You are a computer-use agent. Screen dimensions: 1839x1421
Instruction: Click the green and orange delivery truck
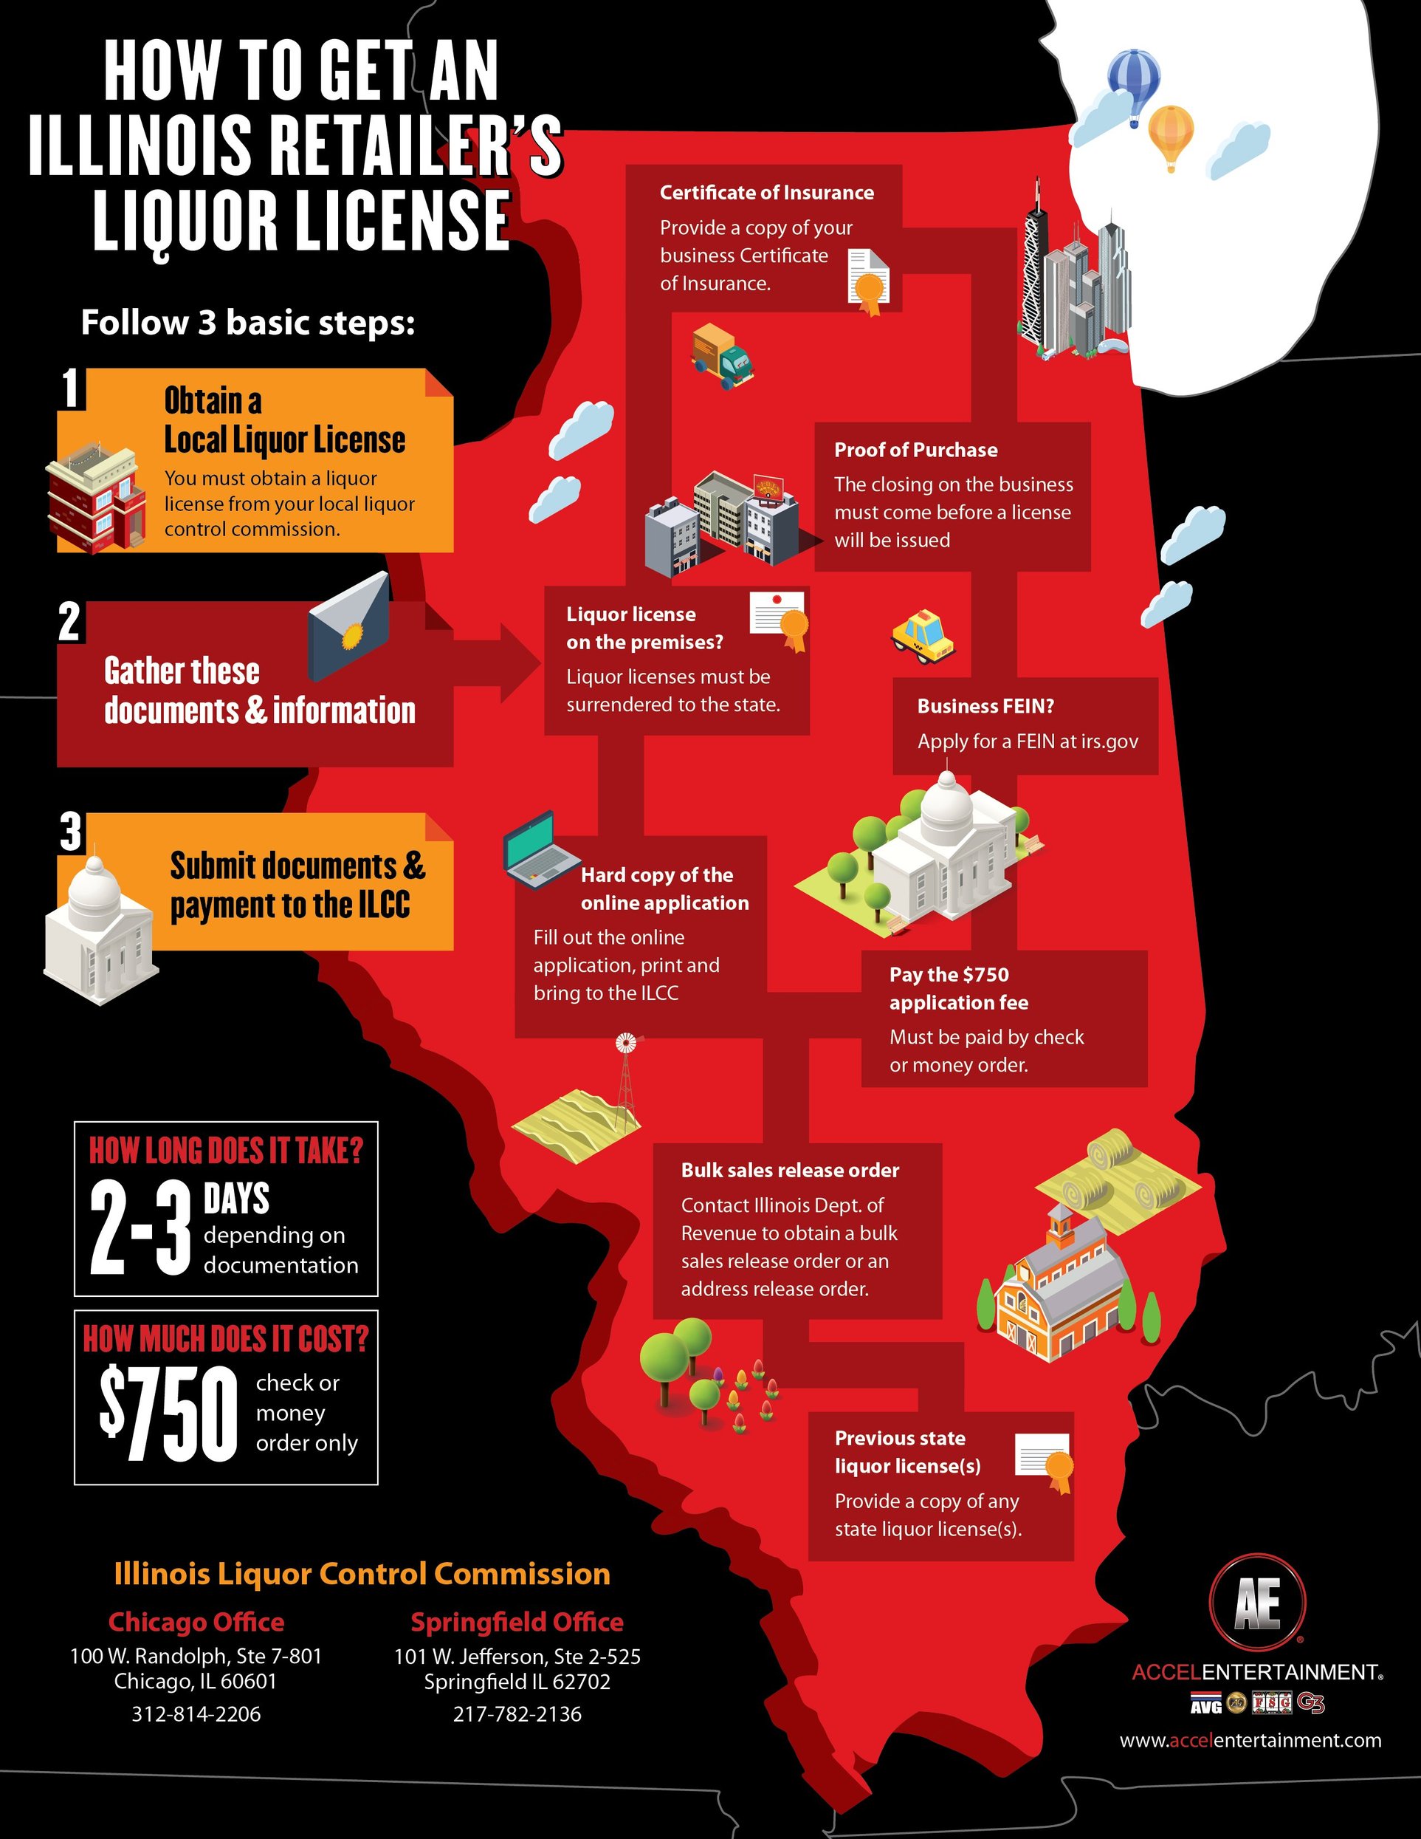(x=721, y=355)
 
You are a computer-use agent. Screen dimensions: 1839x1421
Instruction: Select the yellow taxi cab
(x=923, y=637)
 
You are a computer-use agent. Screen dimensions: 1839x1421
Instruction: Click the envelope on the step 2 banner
(x=349, y=626)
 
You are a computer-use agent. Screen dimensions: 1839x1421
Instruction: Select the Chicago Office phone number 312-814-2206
(x=196, y=1714)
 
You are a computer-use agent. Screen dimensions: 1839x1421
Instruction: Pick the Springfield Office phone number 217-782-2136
(x=517, y=1714)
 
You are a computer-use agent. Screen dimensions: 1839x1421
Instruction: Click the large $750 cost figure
(x=168, y=1414)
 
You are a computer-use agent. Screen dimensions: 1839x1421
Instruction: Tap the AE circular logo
(x=1257, y=1604)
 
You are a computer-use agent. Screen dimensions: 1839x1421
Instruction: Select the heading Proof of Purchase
(x=916, y=450)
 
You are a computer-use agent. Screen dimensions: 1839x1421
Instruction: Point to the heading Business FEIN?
(x=985, y=705)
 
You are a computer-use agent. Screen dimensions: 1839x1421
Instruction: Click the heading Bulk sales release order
(x=790, y=1171)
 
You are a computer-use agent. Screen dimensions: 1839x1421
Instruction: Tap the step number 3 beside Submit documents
(x=72, y=832)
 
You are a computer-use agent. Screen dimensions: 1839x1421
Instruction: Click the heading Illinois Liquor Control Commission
(x=362, y=1574)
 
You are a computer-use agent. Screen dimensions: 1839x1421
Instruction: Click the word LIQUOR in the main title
(x=185, y=221)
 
